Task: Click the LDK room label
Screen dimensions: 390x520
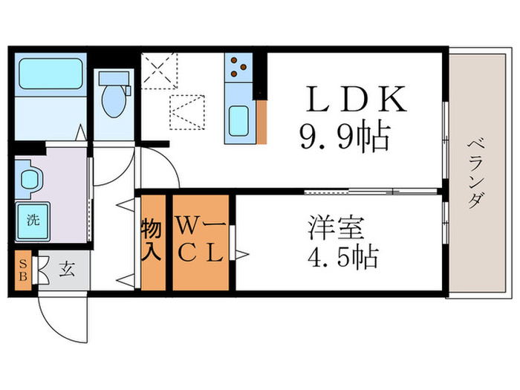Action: tap(357, 99)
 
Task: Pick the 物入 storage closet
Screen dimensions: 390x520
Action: tap(152, 241)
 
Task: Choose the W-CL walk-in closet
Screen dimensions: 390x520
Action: tap(201, 241)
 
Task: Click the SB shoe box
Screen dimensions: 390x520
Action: tap(23, 270)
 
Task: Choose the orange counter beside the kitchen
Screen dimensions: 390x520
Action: tap(261, 123)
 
